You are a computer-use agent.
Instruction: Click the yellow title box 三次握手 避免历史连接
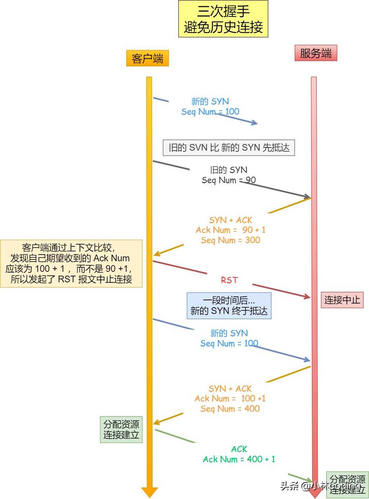click(x=223, y=19)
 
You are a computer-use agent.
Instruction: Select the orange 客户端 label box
click(x=147, y=58)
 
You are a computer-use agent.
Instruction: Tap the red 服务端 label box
click(x=316, y=53)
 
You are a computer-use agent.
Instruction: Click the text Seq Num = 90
click(x=228, y=180)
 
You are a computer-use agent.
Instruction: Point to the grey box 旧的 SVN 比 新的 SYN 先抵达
click(x=229, y=147)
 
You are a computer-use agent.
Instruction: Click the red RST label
click(x=229, y=280)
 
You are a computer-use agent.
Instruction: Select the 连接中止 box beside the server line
click(x=342, y=300)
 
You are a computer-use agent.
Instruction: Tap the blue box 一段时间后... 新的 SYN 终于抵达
click(x=229, y=306)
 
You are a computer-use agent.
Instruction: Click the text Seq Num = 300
click(x=230, y=240)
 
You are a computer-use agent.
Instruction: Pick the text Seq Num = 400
click(x=230, y=409)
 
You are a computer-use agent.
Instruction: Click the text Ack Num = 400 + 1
click(x=239, y=459)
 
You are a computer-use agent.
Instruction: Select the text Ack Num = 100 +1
click(x=230, y=399)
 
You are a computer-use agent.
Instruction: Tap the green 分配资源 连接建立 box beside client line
click(x=121, y=429)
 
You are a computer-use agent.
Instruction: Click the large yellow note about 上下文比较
click(x=71, y=263)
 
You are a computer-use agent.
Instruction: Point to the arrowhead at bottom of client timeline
click(x=149, y=492)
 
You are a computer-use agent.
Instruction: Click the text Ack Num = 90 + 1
click(x=230, y=230)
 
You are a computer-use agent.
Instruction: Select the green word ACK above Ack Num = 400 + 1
click(x=239, y=449)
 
